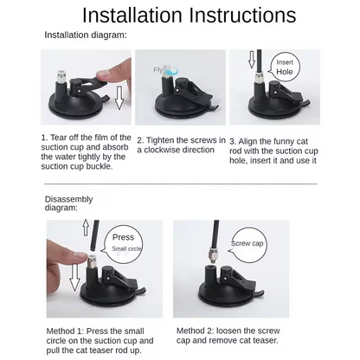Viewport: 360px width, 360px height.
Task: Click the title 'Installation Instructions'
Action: click(x=189, y=15)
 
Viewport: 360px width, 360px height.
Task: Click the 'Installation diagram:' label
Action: click(x=86, y=35)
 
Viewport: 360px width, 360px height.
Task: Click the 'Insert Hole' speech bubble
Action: click(x=285, y=67)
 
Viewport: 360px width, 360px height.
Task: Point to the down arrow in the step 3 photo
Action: click(x=252, y=60)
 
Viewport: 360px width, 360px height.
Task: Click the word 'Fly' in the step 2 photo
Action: click(x=158, y=70)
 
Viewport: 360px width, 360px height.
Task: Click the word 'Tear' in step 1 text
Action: click(x=60, y=138)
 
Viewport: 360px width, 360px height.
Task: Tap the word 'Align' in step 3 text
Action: click(x=248, y=142)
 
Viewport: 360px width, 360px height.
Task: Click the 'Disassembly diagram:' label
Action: click(x=68, y=203)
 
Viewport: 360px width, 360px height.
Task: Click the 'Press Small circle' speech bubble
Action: click(x=124, y=244)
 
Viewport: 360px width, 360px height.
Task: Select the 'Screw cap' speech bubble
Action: click(x=247, y=245)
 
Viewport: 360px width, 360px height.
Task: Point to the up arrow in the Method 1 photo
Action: click(x=86, y=228)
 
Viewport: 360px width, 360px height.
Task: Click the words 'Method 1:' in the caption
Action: click(x=65, y=331)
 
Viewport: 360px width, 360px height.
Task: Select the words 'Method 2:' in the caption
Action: click(x=196, y=331)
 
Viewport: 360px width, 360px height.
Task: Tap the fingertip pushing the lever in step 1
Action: click(x=102, y=76)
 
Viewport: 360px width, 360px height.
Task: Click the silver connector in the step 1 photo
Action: click(x=60, y=77)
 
